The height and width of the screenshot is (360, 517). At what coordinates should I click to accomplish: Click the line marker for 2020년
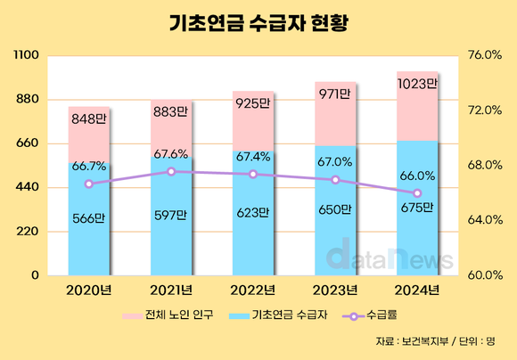tap(89, 184)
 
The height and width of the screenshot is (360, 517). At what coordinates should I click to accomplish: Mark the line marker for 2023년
tap(335, 180)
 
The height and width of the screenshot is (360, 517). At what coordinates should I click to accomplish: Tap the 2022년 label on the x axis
tap(253, 290)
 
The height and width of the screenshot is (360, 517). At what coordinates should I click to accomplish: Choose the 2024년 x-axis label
tap(417, 290)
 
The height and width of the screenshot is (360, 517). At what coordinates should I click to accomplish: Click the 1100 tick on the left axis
tap(26, 55)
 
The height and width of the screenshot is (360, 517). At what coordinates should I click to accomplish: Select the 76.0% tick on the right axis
tap(485, 55)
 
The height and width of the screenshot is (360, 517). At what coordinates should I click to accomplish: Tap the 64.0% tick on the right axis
tap(485, 220)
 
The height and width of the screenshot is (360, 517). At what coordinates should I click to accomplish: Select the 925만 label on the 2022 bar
tap(253, 104)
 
